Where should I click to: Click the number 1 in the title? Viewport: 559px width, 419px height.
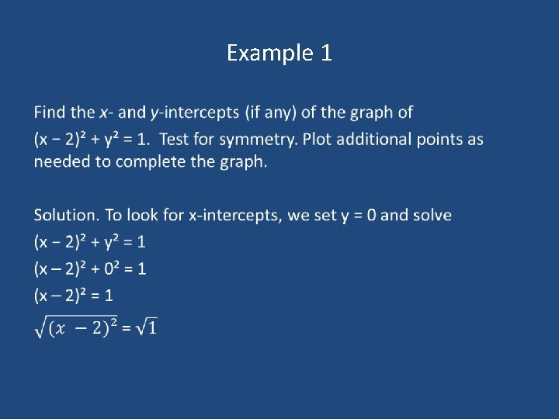(x=325, y=53)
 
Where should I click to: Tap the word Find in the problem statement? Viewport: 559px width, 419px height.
(x=50, y=113)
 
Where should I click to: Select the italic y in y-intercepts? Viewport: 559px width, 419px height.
(x=155, y=113)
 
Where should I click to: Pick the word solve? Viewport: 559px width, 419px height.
(x=432, y=215)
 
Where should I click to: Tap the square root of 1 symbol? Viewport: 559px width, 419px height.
(x=146, y=328)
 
